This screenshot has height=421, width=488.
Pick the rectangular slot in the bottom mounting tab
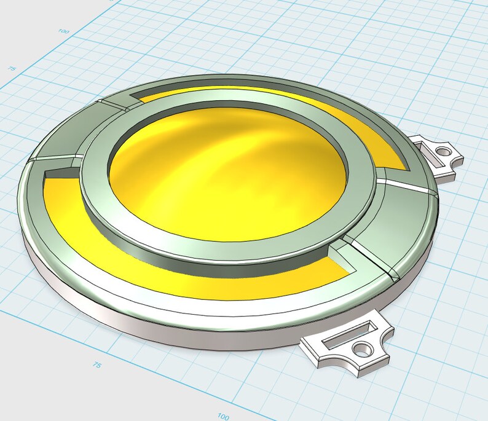[342, 337]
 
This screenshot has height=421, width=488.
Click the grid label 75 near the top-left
[11, 69]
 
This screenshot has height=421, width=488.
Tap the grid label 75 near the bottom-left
[96, 365]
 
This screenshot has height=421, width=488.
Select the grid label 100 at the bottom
[224, 416]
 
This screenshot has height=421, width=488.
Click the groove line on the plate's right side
[406, 186]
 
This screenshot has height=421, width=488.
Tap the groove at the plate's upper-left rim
[114, 104]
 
